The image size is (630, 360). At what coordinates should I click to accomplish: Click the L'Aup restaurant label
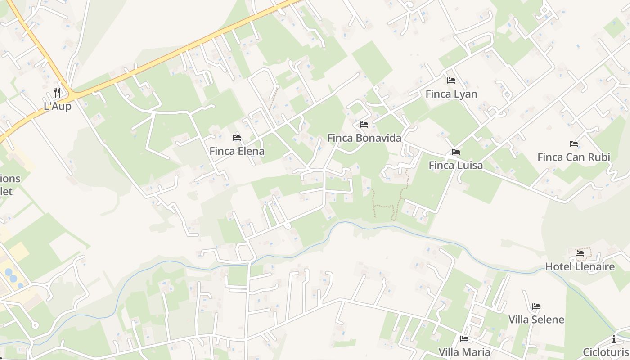(58, 107)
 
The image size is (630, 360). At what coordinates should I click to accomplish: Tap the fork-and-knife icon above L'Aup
(57, 93)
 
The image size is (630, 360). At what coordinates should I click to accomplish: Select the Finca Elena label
(237, 151)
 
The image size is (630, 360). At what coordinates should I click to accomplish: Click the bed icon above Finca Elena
(237, 138)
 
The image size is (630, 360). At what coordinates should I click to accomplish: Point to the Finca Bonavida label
(364, 138)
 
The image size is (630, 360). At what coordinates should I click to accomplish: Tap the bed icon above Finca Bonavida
(364, 125)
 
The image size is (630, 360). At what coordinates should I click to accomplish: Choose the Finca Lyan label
(451, 94)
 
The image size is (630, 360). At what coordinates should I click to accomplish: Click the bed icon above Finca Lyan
(451, 81)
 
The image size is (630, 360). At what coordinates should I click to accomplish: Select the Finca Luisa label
(456, 165)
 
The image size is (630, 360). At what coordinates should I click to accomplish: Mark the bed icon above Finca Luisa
(456, 152)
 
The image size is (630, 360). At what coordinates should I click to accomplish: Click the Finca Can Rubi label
(574, 157)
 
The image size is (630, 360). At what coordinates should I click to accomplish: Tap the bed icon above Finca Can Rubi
(574, 144)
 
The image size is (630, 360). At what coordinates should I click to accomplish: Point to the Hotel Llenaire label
(580, 266)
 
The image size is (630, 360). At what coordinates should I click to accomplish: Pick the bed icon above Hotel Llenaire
(580, 253)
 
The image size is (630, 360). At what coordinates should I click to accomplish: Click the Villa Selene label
(536, 319)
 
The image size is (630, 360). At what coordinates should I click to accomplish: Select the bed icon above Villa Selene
(536, 306)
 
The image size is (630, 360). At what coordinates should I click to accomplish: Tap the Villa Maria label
(464, 351)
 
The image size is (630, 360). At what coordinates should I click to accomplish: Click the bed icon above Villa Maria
(464, 339)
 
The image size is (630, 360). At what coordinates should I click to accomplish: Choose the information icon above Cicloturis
(614, 339)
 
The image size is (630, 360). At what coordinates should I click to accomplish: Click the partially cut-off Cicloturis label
(606, 352)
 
